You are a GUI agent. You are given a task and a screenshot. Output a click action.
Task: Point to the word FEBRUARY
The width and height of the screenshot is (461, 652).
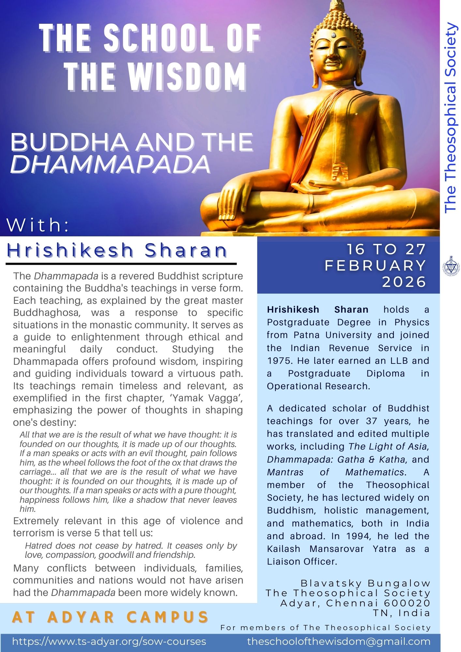tap(376, 266)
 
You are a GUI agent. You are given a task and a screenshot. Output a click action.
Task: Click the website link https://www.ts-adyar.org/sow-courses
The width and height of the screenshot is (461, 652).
tap(109, 642)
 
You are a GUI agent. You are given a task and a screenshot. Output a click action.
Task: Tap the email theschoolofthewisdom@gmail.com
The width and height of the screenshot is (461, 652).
tap(339, 642)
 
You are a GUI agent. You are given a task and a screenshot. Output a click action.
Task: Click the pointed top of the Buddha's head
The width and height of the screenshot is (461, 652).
tap(337, 5)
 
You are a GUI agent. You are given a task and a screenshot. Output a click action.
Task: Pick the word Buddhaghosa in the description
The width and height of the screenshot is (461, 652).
tap(46, 313)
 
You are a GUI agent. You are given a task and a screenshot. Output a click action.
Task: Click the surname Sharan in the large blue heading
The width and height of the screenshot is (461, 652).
tap(186, 250)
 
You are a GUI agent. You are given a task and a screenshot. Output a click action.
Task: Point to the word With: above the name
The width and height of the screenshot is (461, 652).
tap(38, 225)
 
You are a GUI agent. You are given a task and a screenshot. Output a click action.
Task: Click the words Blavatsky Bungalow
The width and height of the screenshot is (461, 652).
tap(365, 583)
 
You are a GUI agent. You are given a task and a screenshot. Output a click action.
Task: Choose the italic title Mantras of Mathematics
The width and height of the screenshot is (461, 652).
tap(335, 472)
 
